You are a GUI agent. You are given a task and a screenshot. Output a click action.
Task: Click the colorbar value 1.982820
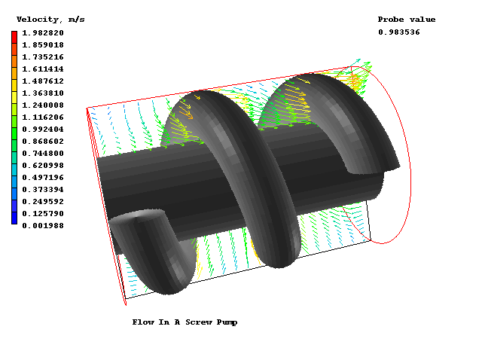pos(43,33)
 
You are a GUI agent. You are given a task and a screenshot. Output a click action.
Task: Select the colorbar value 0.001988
pos(43,226)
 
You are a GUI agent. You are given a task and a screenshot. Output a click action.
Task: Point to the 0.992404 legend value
pos(43,129)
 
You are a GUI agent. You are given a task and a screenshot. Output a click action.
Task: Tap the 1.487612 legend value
pos(43,81)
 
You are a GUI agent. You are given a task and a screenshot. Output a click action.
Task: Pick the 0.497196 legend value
pos(43,178)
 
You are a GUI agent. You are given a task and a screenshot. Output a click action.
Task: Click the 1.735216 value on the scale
pos(43,57)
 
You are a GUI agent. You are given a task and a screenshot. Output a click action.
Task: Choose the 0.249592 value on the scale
pos(43,202)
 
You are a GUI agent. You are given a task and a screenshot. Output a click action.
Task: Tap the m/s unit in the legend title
pos(77,20)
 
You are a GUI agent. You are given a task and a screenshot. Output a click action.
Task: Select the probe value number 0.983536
pos(399,32)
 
